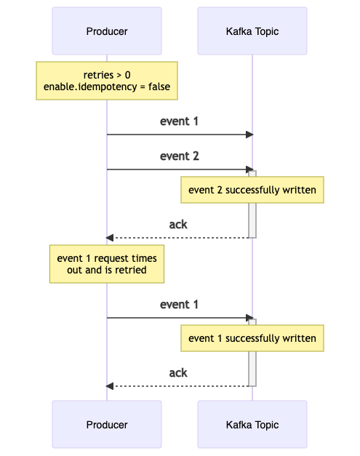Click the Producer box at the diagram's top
tap(107, 31)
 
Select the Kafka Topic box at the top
tap(252, 31)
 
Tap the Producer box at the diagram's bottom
tap(107, 424)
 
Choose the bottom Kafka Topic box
tap(252, 424)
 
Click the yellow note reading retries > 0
tap(107, 75)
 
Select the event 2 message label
tap(179, 156)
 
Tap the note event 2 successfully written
tap(252, 191)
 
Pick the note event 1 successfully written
tap(252, 338)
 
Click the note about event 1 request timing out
tap(107, 264)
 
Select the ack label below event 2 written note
tap(178, 225)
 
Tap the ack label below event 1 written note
tap(178, 373)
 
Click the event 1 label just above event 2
tap(179, 121)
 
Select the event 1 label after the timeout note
tap(179, 305)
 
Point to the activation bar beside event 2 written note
tap(252, 218)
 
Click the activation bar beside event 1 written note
tap(252, 367)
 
